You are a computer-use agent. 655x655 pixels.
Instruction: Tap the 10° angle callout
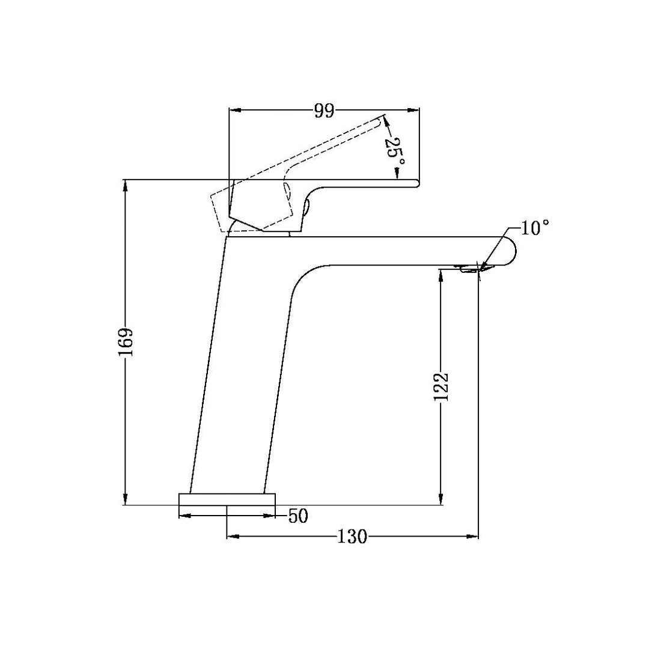click(535, 228)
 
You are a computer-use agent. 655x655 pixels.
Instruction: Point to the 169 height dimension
click(126, 342)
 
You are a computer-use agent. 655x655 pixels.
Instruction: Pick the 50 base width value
click(298, 516)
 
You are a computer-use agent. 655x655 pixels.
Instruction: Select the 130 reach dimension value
click(352, 537)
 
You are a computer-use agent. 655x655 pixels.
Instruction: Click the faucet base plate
click(227, 499)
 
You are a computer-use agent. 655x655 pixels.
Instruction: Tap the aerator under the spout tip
click(472, 269)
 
